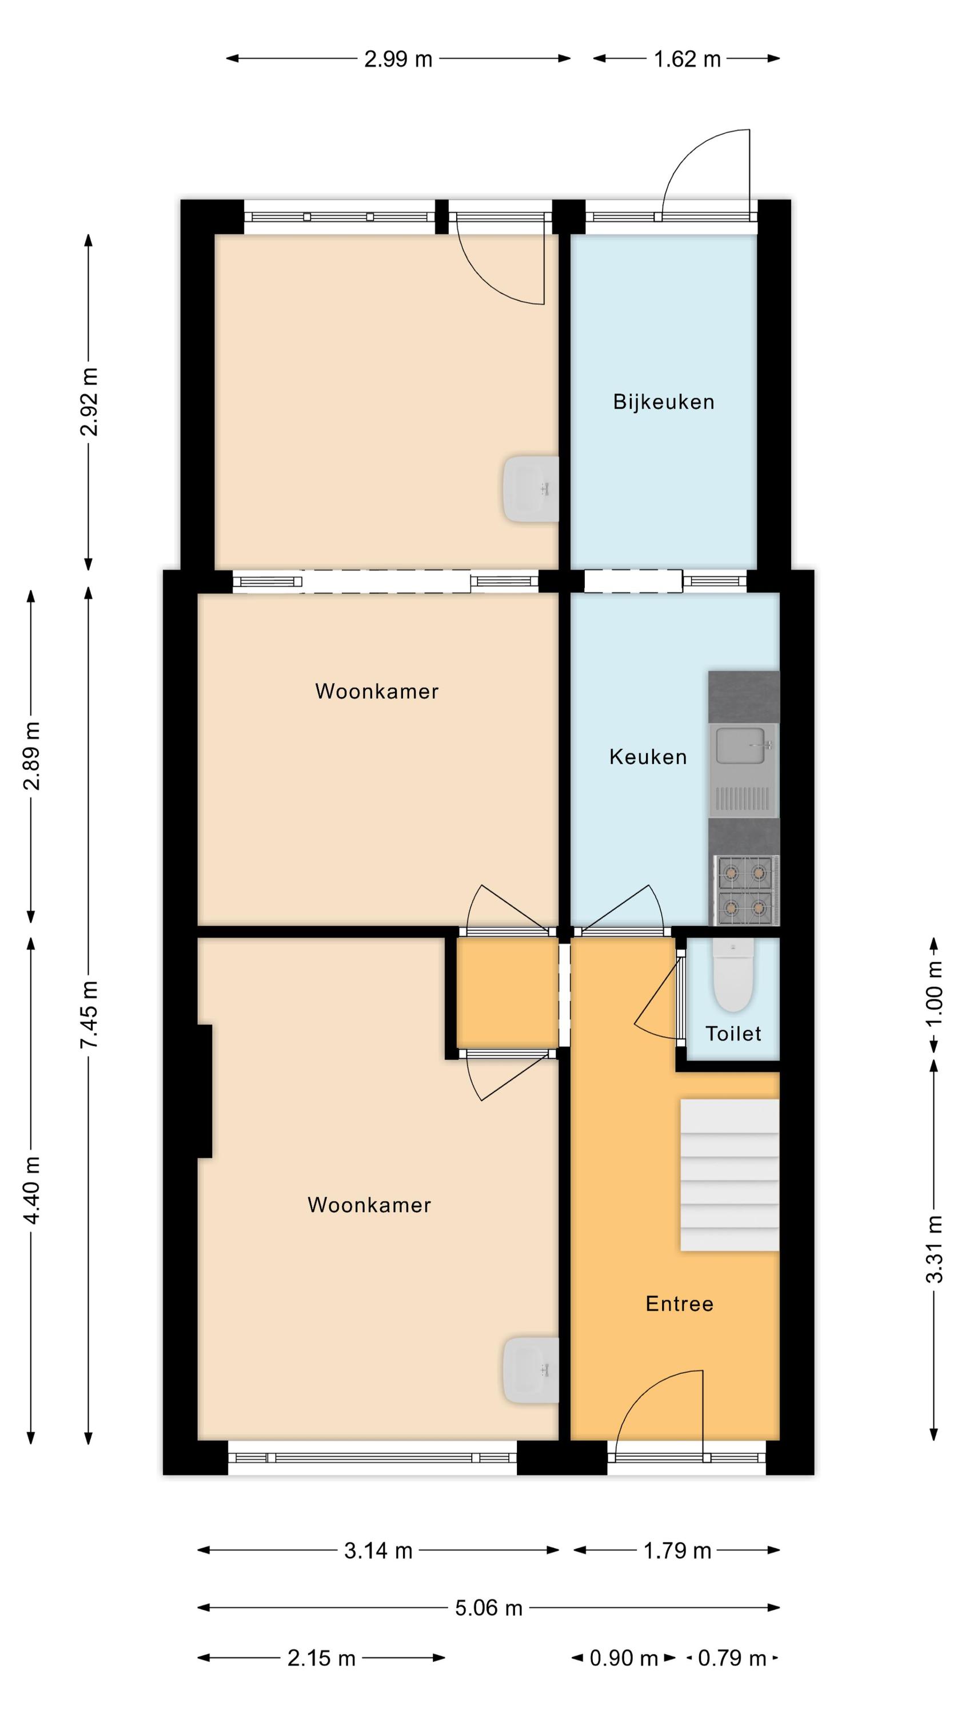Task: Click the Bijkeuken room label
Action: point(663,402)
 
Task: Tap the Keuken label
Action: point(648,757)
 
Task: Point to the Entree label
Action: point(679,1304)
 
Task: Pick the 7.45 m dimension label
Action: point(89,1015)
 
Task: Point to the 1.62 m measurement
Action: point(687,59)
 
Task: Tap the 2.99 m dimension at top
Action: point(398,59)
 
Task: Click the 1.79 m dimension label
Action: point(677,1551)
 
